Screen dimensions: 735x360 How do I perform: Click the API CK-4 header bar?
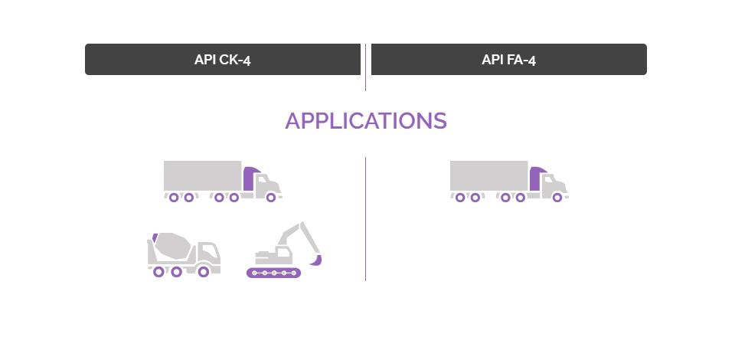[x=223, y=60]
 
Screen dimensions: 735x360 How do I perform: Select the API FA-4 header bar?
[x=508, y=60]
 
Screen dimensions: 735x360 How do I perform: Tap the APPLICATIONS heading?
[x=366, y=121]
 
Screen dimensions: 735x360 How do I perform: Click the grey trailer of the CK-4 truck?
[x=202, y=175]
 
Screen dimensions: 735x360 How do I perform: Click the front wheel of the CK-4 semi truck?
[x=271, y=198]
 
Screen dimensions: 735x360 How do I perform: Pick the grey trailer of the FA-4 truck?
[x=489, y=175]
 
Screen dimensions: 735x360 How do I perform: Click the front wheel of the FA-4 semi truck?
[x=557, y=198]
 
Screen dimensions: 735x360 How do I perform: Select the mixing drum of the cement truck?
[x=172, y=246]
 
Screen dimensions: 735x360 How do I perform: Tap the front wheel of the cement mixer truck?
[x=204, y=272]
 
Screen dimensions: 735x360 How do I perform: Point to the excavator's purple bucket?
[x=316, y=260]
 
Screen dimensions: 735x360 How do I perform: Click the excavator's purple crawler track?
[x=274, y=273]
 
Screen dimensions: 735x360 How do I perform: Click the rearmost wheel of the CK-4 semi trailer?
[x=174, y=198]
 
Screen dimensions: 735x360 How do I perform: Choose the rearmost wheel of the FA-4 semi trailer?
[x=460, y=198]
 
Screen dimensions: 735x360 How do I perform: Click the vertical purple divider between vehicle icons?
[x=366, y=219]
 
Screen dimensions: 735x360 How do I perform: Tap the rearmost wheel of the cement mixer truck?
[x=158, y=272]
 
